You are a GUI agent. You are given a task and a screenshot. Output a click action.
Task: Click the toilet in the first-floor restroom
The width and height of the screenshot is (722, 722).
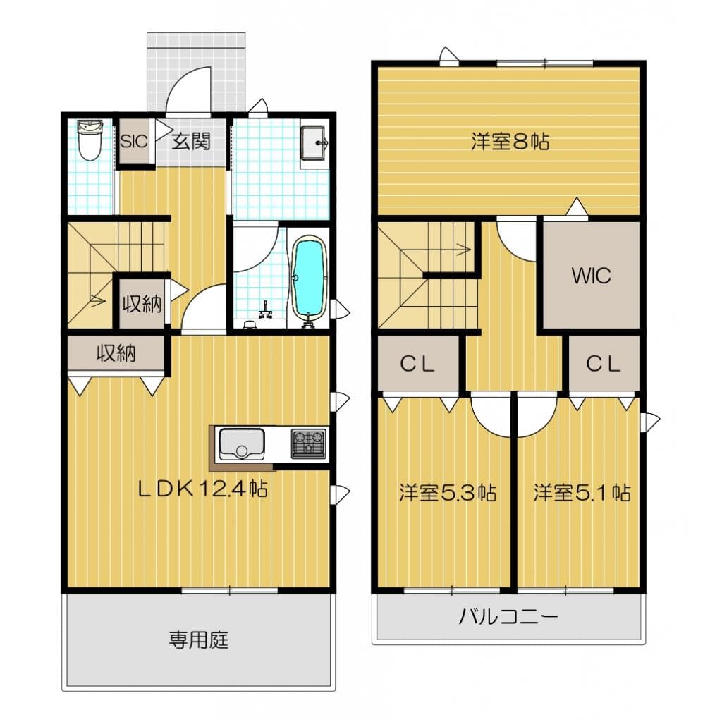pyautogui.click(x=90, y=140)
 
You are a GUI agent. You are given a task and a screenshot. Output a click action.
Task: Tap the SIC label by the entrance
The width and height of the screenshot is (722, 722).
pyautogui.click(x=134, y=141)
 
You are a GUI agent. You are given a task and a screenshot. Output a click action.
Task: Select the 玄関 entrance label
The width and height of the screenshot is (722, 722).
pyautogui.click(x=191, y=141)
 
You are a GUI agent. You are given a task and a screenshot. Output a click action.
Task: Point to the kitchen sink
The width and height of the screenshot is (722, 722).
pyautogui.click(x=242, y=444)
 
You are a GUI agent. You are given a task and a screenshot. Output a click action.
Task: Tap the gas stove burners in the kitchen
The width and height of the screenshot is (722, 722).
pyautogui.click(x=309, y=444)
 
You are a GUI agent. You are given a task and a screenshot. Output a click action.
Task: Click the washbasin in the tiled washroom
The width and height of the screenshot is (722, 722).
pyautogui.click(x=314, y=142)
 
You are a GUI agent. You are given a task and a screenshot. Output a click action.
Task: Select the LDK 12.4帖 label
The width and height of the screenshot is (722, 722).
pyautogui.click(x=203, y=489)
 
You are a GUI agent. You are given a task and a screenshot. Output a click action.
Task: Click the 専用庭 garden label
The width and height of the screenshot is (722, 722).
pyautogui.click(x=199, y=640)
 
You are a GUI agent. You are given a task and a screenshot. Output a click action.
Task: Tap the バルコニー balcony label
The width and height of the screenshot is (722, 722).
pyautogui.click(x=508, y=616)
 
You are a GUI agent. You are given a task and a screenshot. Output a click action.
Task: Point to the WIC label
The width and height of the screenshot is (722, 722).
pyautogui.click(x=592, y=276)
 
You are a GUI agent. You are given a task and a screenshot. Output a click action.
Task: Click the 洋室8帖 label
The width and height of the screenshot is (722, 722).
pyautogui.click(x=510, y=141)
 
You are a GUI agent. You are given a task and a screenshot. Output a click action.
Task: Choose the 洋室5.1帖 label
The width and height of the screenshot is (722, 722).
pyautogui.click(x=582, y=493)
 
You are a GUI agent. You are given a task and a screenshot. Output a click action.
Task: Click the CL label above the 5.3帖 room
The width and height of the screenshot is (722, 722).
pyautogui.click(x=417, y=365)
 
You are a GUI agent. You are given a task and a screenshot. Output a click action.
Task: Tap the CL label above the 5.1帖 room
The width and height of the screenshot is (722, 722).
pyautogui.click(x=604, y=365)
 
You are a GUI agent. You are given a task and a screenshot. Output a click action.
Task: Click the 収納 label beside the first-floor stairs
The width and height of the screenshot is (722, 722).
pyautogui.click(x=142, y=304)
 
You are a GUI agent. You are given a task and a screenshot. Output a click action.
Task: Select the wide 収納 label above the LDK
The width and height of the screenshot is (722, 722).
pyautogui.click(x=116, y=353)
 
